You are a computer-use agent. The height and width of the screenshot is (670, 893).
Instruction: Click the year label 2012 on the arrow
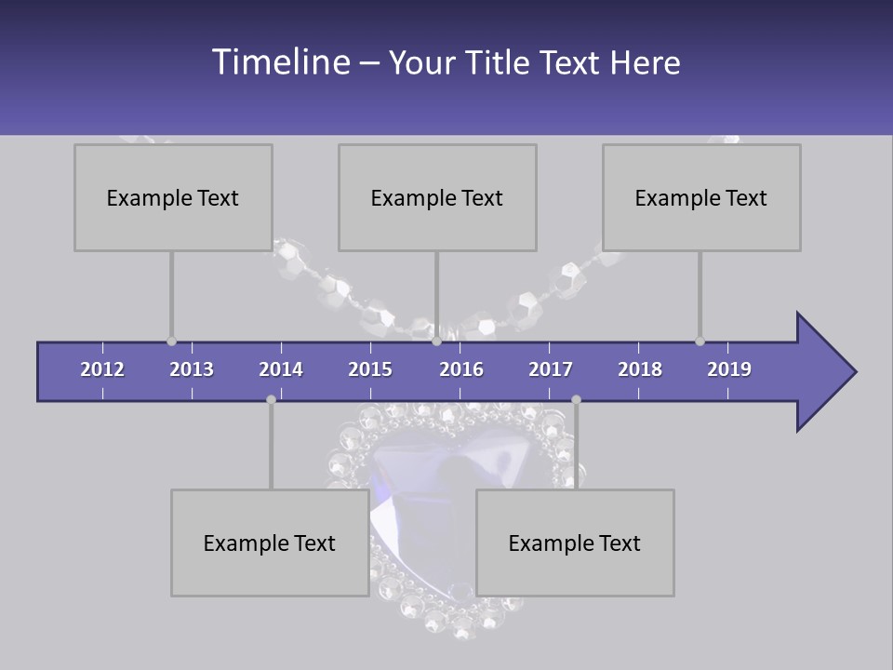pos(102,369)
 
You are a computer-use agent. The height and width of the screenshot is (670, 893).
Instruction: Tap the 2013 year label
pos(192,369)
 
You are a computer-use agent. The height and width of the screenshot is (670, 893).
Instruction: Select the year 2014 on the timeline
pos(281,369)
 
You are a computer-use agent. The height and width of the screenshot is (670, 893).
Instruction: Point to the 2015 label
pos(370,369)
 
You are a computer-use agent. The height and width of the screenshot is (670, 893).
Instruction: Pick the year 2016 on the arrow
pos(461,369)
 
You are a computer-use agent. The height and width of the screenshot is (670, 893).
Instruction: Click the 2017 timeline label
pos(551,369)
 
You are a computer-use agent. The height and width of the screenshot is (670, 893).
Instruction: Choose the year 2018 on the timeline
pos(640,369)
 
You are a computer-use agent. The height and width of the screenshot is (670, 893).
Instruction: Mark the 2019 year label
pos(729,369)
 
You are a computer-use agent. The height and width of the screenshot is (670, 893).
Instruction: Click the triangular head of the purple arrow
pos(823,372)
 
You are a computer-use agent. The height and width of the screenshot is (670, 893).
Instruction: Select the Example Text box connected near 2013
pos(173,197)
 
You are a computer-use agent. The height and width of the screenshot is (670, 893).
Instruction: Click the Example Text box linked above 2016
pos(437,197)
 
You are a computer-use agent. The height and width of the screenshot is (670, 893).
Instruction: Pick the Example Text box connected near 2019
pos(701,197)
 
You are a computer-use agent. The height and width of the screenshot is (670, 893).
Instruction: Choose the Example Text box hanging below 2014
pos(270,543)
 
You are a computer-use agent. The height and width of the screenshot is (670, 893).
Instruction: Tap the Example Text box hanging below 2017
pos(575,543)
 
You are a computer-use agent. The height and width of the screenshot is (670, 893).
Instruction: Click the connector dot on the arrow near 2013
pos(171,342)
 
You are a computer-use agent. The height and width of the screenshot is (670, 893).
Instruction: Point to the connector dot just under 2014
pos(271,399)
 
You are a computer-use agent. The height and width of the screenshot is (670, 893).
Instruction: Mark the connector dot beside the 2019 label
pos(700,342)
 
